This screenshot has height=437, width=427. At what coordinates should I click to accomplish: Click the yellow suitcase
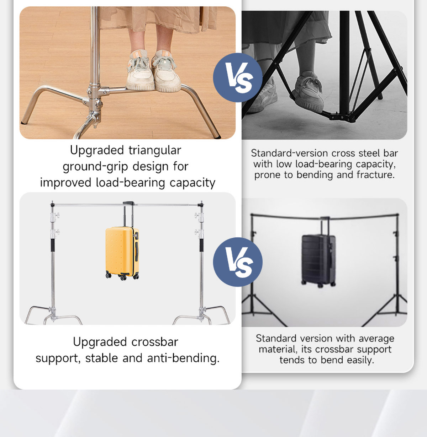click(122, 253)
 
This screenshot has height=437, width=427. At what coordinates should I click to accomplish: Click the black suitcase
click(318, 260)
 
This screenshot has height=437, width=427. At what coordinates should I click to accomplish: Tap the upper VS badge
click(238, 78)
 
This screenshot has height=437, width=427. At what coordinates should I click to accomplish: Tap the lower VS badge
click(238, 262)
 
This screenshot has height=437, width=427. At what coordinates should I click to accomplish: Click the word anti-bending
click(183, 358)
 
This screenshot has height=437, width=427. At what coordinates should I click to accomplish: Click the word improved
click(66, 183)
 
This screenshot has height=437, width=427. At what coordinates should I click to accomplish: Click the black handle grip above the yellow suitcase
click(128, 203)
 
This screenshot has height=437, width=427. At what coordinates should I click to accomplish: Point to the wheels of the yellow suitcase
click(122, 277)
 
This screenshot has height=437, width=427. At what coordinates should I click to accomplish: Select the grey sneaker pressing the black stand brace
click(309, 92)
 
